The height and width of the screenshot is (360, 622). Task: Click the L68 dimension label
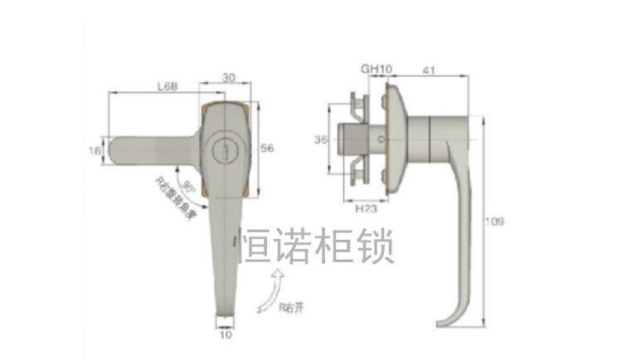click(169, 85)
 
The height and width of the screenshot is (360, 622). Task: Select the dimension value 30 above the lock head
click(228, 78)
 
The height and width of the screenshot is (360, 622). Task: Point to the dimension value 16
click(95, 150)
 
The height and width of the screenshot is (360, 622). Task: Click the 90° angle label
click(187, 184)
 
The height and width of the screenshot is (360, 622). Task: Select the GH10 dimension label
click(371, 69)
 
